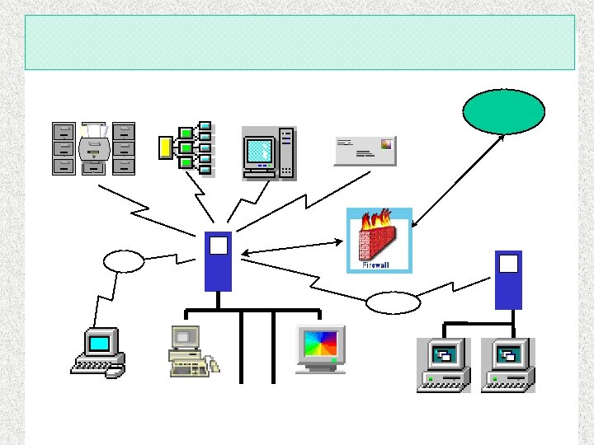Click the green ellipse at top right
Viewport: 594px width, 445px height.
coord(503,111)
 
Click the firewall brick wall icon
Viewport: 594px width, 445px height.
coord(379,244)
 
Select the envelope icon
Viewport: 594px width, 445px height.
coord(364,148)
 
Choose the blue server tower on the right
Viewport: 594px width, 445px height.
coord(508,279)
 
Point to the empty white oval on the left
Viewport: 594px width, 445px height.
coord(124,261)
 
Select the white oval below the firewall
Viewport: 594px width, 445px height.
coord(393,303)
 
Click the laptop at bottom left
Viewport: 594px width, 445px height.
coord(97,352)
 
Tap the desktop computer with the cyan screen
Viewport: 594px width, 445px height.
coord(268,153)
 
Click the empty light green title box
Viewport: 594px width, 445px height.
coord(299,42)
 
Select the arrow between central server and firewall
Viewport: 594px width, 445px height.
coord(293,246)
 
